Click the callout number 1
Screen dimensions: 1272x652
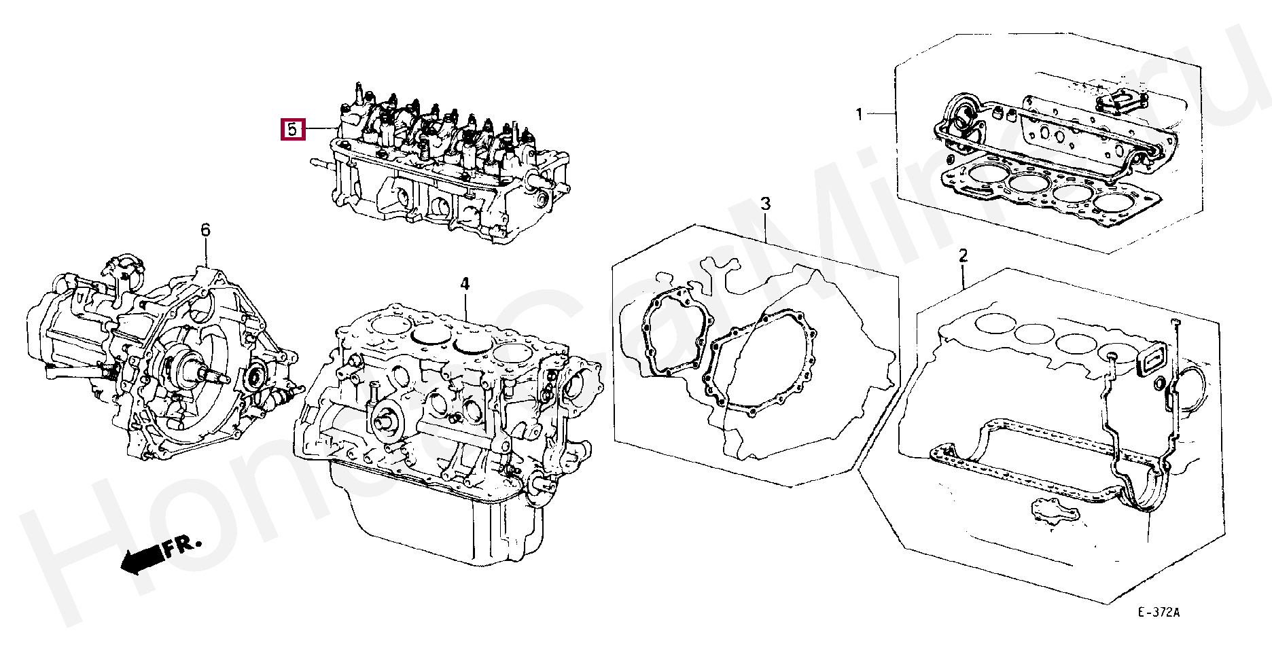858,114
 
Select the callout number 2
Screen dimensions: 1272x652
963,256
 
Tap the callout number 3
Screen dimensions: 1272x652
765,203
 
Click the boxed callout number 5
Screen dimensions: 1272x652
292,128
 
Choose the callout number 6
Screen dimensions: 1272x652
205,230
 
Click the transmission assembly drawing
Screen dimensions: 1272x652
163,360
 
